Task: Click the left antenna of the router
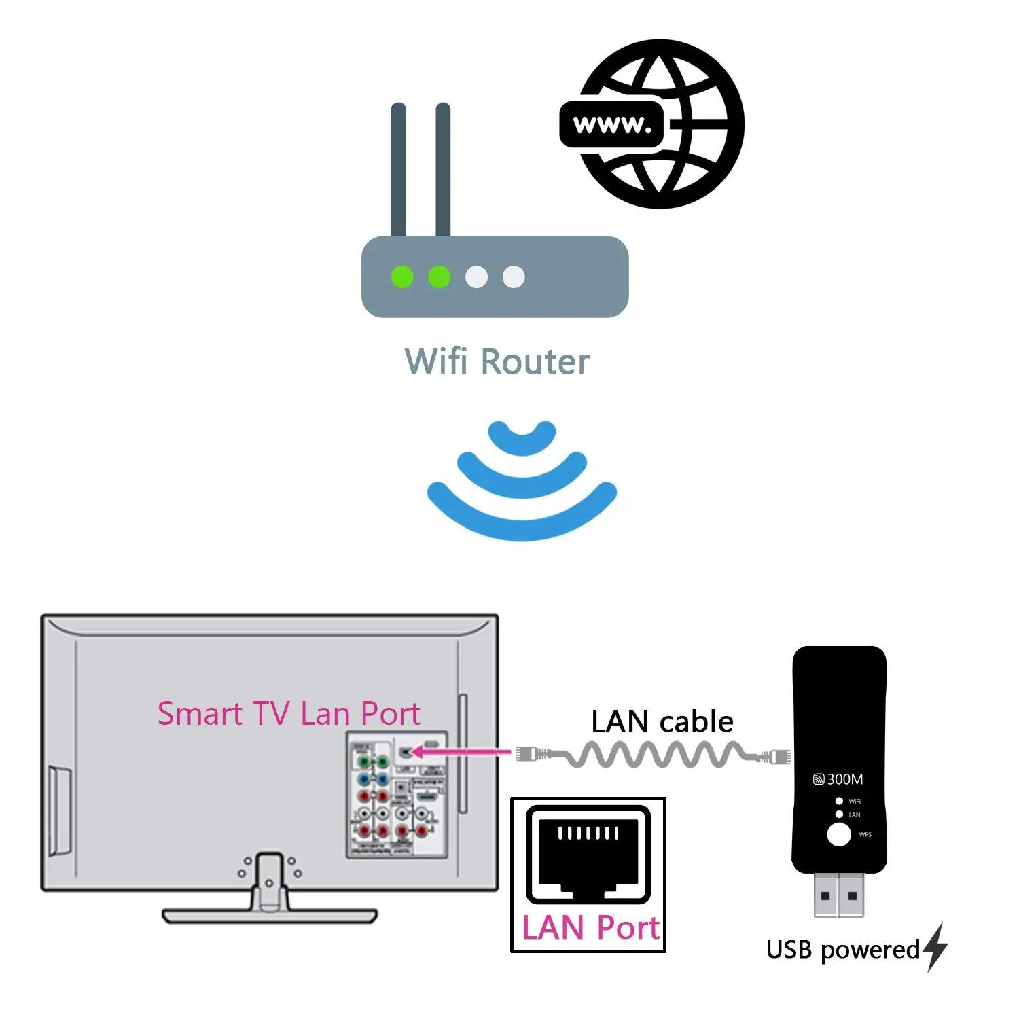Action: [x=399, y=170]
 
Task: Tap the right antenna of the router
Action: [x=443, y=170]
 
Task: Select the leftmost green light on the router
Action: [x=402, y=277]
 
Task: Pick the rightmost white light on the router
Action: [x=514, y=277]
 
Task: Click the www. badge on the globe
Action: [x=611, y=124]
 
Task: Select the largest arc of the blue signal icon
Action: [x=522, y=516]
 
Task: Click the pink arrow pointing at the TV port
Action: [x=462, y=751]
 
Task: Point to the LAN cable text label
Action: [x=662, y=721]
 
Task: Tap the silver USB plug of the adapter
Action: [x=838, y=894]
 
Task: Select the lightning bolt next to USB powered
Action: [x=936, y=946]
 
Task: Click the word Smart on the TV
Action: [x=200, y=714]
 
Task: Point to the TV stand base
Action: [x=269, y=916]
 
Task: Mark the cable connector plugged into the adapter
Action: [x=776, y=755]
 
